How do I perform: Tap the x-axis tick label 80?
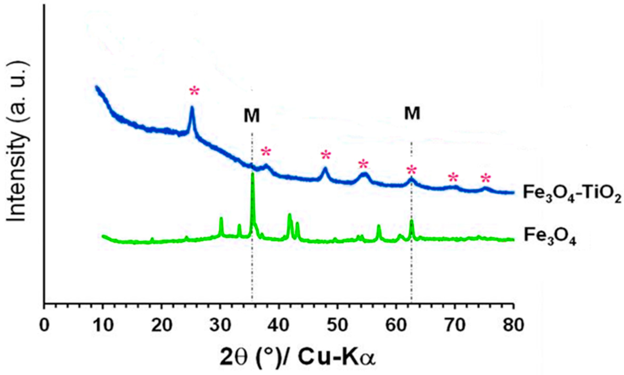point(514,325)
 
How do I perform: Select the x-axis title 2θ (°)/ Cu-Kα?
point(297,357)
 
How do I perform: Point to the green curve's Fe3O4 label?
point(550,237)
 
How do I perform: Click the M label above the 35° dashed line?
point(252,116)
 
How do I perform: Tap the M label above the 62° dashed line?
point(412,113)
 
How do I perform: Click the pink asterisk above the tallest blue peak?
point(194,92)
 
